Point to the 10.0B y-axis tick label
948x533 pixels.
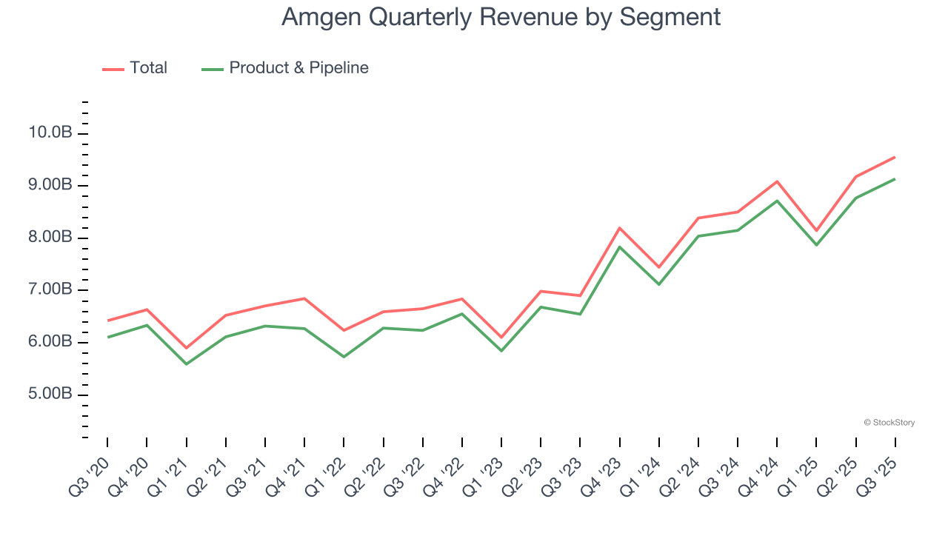[51, 133]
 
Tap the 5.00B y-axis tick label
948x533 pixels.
[51, 394]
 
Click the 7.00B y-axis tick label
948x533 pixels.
[51, 289]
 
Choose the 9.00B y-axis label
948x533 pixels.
[51, 185]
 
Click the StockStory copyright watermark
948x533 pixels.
[889, 423]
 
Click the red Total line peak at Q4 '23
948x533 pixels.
[619, 228]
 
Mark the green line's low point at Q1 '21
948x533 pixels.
[186, 363]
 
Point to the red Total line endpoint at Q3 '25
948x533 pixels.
[895, 157]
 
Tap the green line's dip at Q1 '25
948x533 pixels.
[816, 244]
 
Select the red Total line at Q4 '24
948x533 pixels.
[777, 181]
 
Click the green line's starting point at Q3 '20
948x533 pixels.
[107, 337]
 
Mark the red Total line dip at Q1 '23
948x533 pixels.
[501, 338]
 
